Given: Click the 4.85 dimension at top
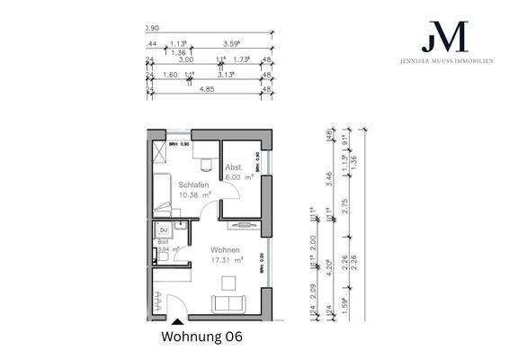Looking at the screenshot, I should click(x=206, y=90).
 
